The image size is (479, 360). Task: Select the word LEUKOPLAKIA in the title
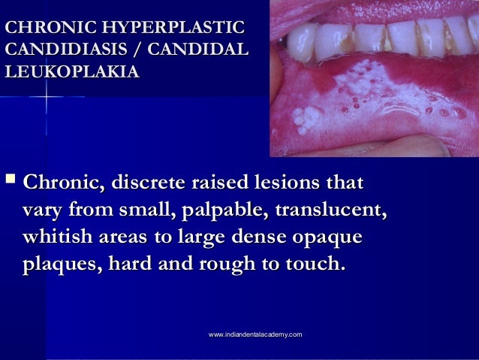(71, 73)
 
